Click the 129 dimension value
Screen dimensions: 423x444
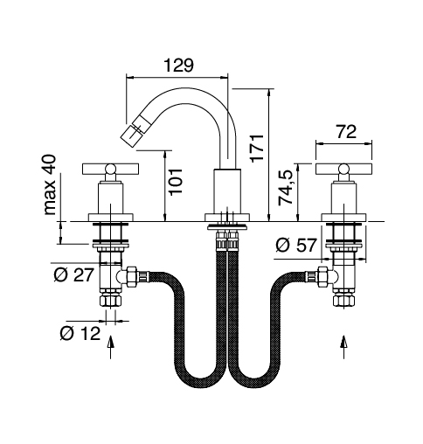(178, 66)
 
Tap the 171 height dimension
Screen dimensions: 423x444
(257, 148)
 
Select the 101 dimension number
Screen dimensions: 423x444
(176, 181)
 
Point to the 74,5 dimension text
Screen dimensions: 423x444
(286, 188)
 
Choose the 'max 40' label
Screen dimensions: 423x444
(49, 184)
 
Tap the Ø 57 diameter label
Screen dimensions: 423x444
(295, 245)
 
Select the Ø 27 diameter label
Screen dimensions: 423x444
(74, 274)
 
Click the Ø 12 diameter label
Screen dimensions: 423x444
(80, 333)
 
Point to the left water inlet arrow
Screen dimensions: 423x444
(111, 347)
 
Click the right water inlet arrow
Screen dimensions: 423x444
(343, 347)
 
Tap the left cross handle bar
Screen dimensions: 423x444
(111, 169)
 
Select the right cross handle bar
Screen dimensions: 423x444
(343, 169)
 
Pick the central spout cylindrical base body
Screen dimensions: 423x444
(227, 191)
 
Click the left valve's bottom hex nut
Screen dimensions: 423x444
(111, 301)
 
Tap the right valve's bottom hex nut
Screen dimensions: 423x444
(343, 301)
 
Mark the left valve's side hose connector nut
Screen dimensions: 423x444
(132, 275)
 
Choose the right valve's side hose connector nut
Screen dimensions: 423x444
(322, 275)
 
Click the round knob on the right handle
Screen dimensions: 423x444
(343, 169)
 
